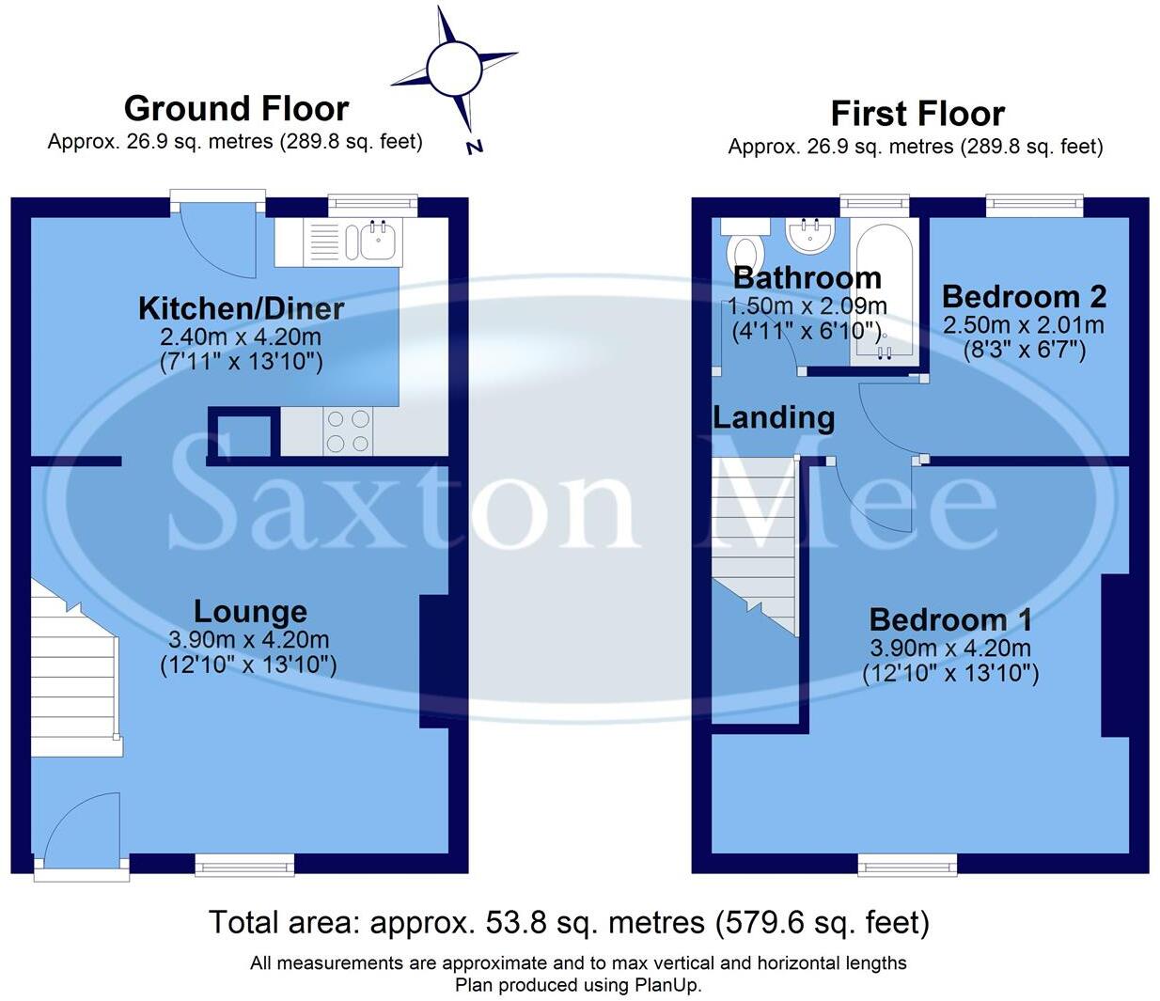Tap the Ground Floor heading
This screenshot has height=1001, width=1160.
236,109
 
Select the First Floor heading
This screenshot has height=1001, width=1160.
917,114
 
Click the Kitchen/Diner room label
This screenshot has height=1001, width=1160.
241,308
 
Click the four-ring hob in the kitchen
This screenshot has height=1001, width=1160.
348,431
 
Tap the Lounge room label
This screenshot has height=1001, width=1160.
250,612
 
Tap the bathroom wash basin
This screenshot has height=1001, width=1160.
809,235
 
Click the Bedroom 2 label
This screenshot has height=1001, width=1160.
1024,297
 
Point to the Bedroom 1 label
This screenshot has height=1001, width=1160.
950,620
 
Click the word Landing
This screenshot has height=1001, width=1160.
774,417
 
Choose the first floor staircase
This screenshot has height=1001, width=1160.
755,545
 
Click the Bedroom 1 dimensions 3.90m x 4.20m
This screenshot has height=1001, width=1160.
950,649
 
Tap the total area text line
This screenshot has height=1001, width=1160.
569,923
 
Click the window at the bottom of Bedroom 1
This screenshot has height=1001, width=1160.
907,865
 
